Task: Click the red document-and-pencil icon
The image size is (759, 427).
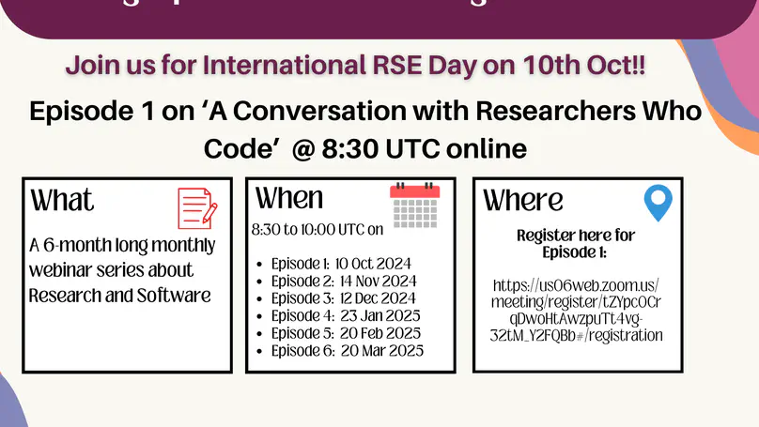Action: (197, 208)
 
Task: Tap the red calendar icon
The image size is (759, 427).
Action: (414, 204)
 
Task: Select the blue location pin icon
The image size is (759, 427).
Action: (658, 204)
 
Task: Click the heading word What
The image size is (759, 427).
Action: (63, 200)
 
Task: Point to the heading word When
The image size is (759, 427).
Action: (289, 198)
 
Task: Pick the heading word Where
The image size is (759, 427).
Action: (523, 200)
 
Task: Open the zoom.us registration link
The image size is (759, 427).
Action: (576, 310)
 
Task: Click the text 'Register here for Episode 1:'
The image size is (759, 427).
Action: (576, 244)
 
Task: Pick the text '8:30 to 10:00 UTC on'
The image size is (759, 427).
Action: (318, 228)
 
